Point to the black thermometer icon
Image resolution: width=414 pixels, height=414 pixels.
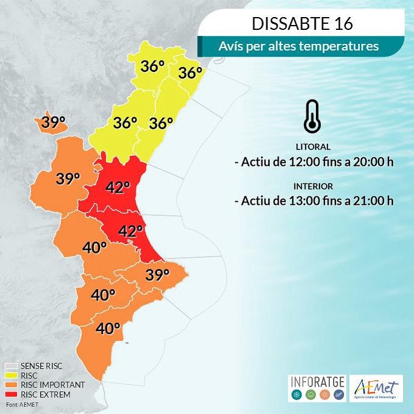pos(312,116)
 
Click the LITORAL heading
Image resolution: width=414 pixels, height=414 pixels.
pos(312,147)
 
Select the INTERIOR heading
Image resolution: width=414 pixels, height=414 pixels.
pos(312,186)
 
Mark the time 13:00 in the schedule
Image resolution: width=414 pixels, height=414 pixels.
pos(298,201)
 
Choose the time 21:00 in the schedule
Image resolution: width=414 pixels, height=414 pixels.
pos(363,201)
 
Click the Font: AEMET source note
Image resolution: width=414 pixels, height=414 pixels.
pos(20,404)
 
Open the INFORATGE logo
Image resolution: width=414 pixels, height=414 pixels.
pos(316,388)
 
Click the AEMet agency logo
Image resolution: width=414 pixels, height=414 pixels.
pos(377,388)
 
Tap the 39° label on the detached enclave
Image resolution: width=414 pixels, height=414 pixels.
pos(53,122)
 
